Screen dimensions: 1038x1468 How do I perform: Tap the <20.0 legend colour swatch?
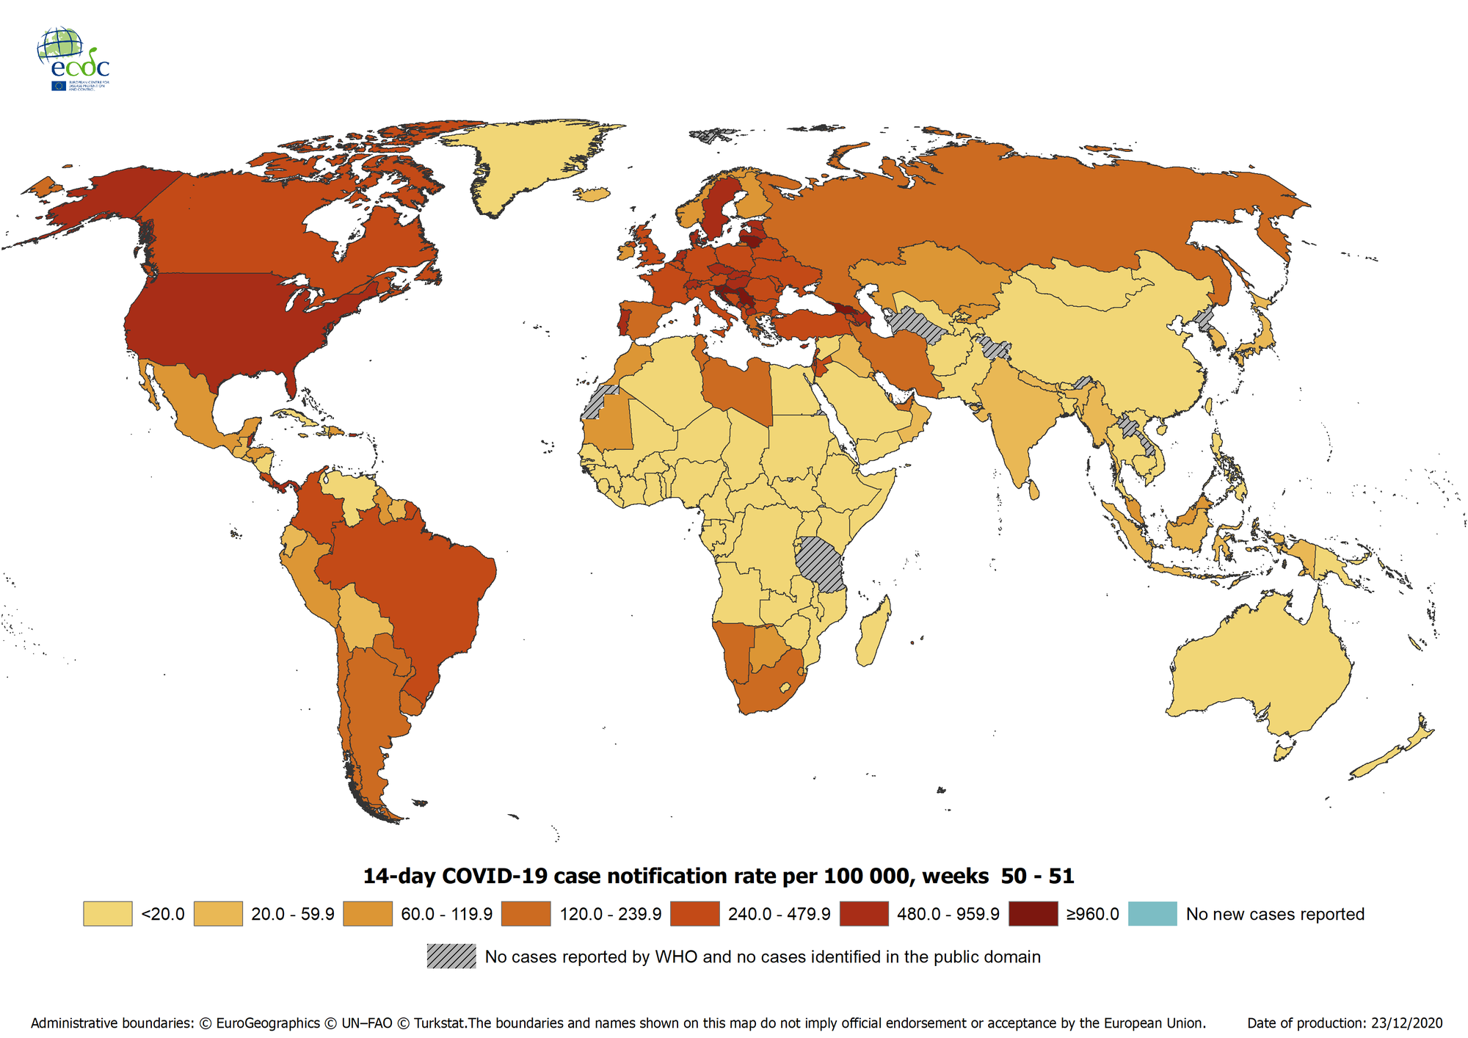click(x=107, y=914)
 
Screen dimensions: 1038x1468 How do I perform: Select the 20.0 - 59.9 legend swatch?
click(x=218, y=914)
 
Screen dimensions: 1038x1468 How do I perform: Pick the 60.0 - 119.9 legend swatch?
click(x=368, y=914)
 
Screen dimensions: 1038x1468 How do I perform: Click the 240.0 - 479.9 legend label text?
click(x=779, y=915)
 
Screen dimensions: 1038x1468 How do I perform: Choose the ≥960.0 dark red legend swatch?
click(x=1033, y=914)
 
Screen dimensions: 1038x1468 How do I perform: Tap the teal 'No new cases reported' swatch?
click(x=1152, y=914)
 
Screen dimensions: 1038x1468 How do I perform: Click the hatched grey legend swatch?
click(x=451, y=957)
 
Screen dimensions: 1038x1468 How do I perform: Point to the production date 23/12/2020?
click(x=1409, y=1023)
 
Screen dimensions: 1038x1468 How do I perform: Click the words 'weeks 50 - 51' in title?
click(x=998, y=877)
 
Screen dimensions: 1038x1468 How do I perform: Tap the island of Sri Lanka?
click(x=1034, y=489)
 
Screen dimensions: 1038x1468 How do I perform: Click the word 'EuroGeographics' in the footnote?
click(x=268, y=1023)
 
